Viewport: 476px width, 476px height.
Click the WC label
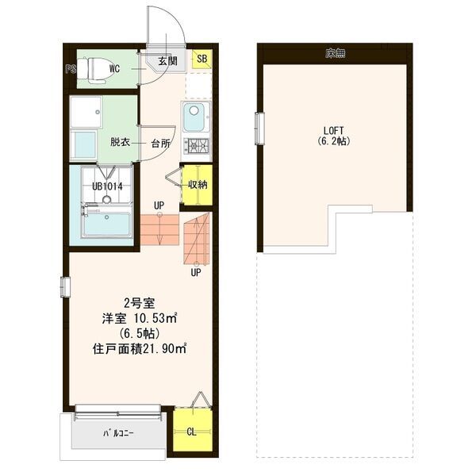tap(114, 69)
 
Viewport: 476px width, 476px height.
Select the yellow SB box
tap(202, 59)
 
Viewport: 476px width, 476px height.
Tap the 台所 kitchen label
tap(160, 144)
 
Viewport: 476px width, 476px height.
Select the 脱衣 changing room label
tap(120, 143)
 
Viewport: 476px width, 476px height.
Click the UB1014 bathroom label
tap(107, 186)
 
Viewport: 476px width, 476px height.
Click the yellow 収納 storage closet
tap(198, 185)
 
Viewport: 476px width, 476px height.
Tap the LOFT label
tap(333, 130)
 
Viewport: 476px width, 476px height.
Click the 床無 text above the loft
tap(334, 53)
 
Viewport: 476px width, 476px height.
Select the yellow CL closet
tap(192, 432)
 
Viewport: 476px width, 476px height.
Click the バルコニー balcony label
tap(117, 434)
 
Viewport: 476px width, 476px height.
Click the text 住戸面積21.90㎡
tap(140, 347)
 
